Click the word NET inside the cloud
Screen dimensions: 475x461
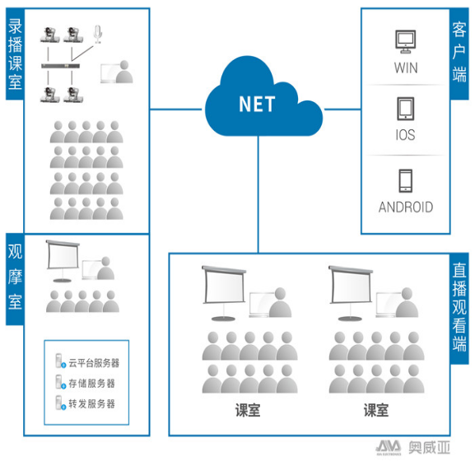tap(257, 104)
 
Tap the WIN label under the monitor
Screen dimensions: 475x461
tap(406, 68)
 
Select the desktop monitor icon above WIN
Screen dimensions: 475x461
tap(405, 41)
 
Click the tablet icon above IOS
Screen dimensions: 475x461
tap(406, 109)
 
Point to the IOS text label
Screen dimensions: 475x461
tap(405, 135)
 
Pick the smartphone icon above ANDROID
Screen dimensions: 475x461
tap(405, 180)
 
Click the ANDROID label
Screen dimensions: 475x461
tap(406, 207)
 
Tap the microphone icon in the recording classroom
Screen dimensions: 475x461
tap(97, 35)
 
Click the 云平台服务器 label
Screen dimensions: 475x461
tap(94, 363)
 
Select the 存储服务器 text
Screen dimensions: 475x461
tap(91, 383)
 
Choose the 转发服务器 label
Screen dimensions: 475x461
tap(91, 403)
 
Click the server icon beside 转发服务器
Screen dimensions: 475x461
tap(60, 403)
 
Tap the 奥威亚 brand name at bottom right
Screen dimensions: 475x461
tap(429, 447)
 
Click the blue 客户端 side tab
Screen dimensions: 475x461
tap(459, 54)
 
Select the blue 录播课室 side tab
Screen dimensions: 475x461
tap(15, 54)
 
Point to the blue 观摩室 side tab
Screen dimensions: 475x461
tap(15, 279)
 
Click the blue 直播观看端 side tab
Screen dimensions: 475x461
tap(459, 309)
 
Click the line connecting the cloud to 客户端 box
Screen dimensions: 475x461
tap(342, 109)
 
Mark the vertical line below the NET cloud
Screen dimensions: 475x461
tap(258, 194)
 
